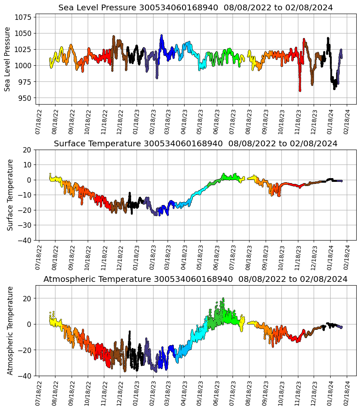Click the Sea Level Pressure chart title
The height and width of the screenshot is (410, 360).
[x=195, y=8]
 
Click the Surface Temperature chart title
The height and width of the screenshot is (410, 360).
[x=195, y=144]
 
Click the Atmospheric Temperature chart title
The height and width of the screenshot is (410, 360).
[x=195, y=279]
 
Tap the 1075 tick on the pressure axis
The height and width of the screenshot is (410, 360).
[x=25, y=17]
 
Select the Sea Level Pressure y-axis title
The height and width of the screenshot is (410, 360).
[x=7, y=59]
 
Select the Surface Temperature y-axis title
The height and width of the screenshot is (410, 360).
[x=10, y=195]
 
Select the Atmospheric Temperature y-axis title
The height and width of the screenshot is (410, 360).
[x=10, y=330]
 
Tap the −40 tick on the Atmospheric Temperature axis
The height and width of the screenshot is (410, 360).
[x=25, y=376]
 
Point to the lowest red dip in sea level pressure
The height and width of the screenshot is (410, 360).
[x=300, y=90]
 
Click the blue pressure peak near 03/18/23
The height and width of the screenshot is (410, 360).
[x=161, y=36]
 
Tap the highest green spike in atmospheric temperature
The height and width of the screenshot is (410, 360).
[x=223, y=298]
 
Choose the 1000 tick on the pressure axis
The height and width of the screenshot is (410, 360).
[x=25, y=66]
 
